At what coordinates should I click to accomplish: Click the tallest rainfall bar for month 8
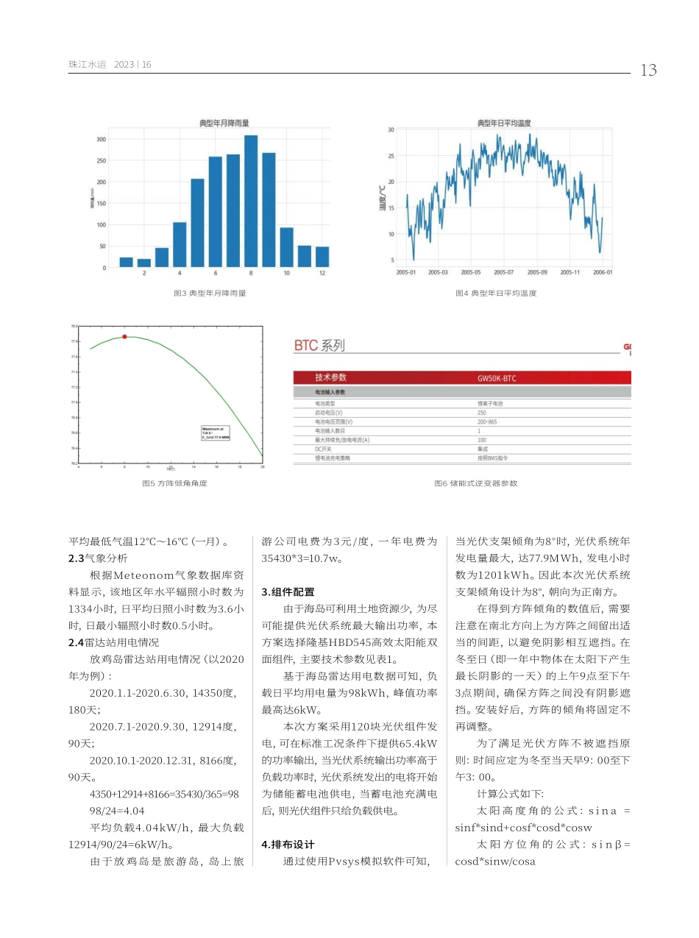(251, 201)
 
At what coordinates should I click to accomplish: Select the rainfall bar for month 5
(197, 223)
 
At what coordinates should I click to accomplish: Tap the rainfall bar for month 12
(322, 257)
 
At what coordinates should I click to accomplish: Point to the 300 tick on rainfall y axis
(102, 139)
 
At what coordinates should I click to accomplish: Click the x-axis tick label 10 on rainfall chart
(286, 274)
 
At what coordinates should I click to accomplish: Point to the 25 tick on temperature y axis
(391, 156)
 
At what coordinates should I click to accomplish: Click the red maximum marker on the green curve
(124, 336)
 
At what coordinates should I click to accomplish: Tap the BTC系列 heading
(319, 346)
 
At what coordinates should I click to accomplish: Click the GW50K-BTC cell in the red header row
(497, 377)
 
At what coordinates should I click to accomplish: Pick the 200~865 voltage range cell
(487, 422)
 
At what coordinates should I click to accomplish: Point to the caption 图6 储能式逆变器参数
(475, 483)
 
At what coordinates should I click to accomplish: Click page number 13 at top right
(648, 71)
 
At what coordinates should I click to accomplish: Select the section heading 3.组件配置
(288, 591)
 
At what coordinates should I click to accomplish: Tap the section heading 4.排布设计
(288, 845)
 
